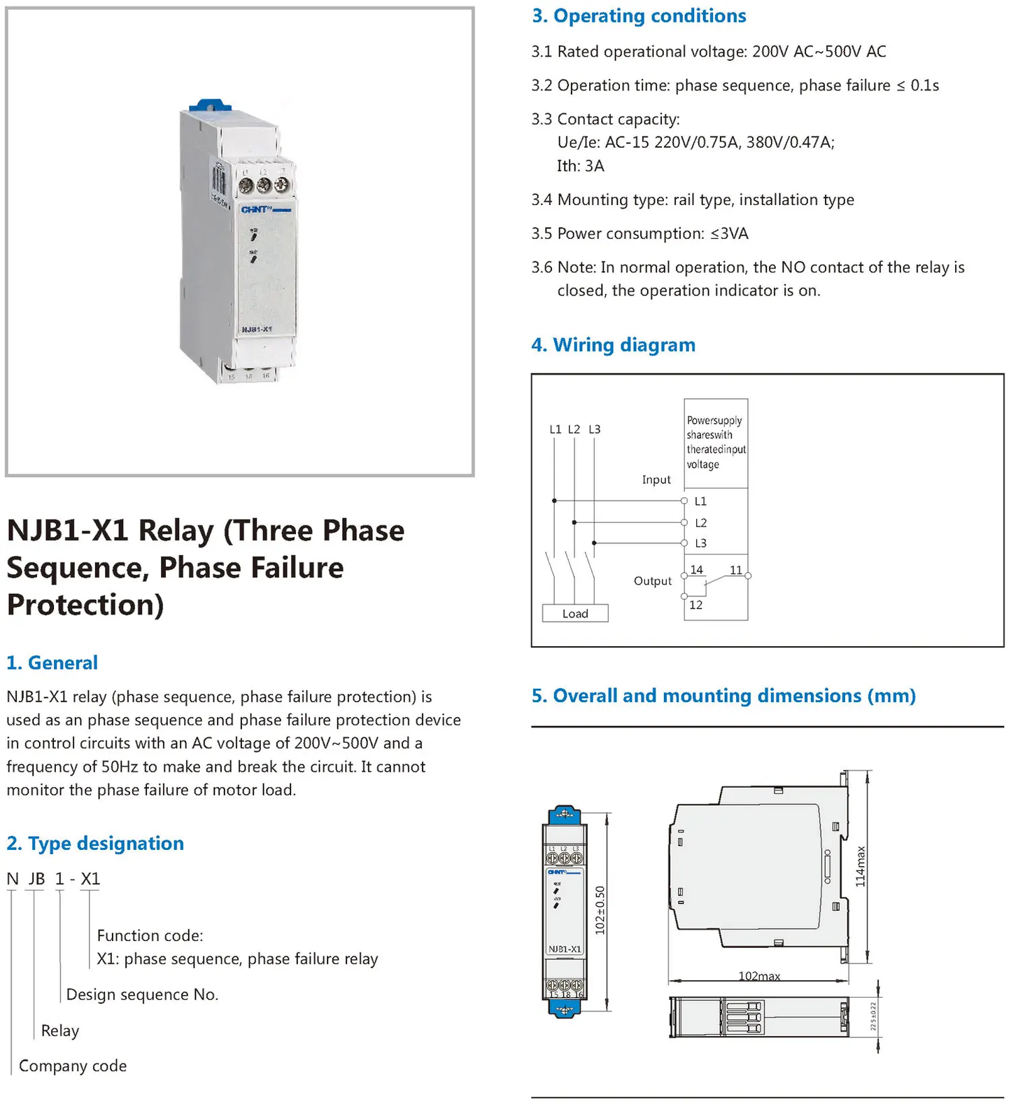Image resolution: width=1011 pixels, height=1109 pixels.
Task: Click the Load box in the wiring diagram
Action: point(575,613)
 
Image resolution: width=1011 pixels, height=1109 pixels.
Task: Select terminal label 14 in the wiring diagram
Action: point(697,570)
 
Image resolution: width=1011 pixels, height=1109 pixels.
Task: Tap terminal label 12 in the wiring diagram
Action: point(695,605)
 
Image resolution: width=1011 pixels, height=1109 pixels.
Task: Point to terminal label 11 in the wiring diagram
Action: point(736,570)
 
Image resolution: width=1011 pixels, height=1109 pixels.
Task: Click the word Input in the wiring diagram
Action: point(656,480)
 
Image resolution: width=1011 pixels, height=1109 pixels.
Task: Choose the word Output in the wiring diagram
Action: point(652,580)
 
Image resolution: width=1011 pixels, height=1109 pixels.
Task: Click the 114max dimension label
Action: point(861,866)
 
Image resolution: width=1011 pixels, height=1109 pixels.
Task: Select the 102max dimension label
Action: point(759,975)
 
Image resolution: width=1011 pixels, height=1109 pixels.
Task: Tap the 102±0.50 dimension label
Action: point(600,910)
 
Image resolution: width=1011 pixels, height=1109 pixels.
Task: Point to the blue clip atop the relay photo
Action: point(210,106)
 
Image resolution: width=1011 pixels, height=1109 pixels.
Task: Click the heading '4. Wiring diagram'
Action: point(613,345)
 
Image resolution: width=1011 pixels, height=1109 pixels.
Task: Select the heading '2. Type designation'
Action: point(95,844)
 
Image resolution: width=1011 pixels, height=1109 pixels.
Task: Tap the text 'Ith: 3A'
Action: point(580,166)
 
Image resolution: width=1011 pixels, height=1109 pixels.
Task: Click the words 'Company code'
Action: point(73,1066)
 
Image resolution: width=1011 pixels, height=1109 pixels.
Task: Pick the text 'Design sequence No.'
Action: point(142,994)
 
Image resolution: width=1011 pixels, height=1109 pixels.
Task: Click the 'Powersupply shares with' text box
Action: point(716,442)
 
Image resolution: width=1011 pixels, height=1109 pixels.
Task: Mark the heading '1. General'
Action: point(52,663)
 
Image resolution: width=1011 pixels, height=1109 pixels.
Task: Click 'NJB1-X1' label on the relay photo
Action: point(256,329)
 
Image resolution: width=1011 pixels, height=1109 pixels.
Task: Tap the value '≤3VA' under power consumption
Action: point(729,234)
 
